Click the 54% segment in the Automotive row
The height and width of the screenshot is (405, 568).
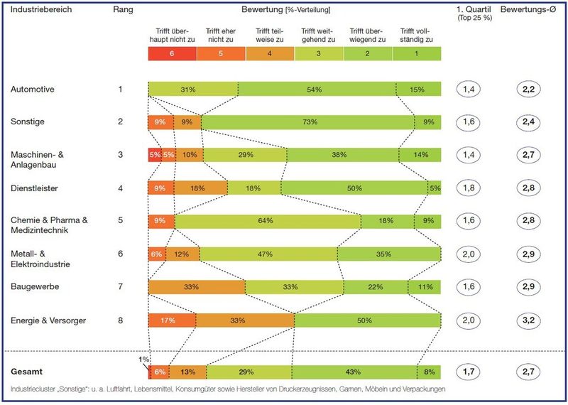pos(315,89)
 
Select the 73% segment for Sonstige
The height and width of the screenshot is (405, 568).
pos(309,121)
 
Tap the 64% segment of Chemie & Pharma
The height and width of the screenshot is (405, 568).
pos(266,220)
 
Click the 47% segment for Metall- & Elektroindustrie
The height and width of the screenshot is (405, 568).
pos(268,254)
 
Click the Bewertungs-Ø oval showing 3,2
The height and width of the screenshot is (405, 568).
pos(529,320)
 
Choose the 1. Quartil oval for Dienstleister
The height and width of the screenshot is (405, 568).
pos(469,188)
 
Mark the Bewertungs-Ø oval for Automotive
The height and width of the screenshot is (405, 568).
pos(529,89)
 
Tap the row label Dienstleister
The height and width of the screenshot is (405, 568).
pos(34,188)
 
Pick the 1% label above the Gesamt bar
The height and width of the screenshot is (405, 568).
pos(144,360)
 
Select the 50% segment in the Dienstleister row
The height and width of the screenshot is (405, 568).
pos(353,188)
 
